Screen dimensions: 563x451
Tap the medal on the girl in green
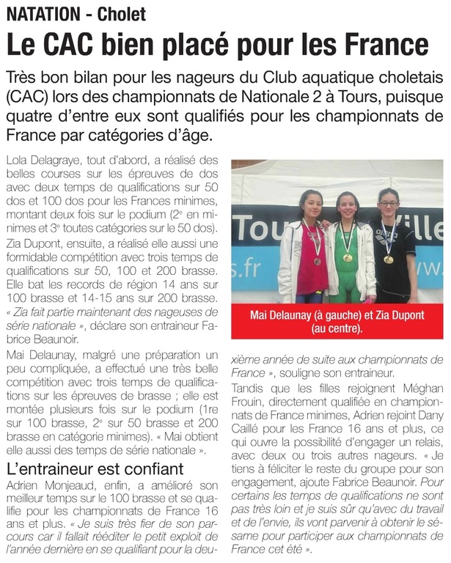point(348,257)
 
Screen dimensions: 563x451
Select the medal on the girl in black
point(389,259)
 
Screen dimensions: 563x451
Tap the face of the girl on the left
point(312,203)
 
